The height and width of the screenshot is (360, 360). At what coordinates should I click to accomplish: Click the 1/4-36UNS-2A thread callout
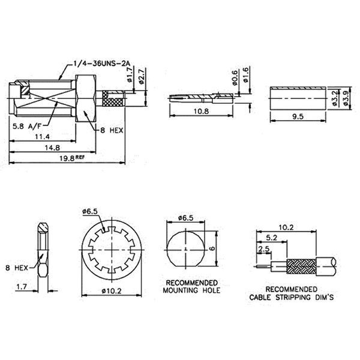point(101,64)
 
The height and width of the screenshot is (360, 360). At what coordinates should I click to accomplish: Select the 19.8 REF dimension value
point(72,158)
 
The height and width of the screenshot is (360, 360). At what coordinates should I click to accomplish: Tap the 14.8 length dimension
point(52,148)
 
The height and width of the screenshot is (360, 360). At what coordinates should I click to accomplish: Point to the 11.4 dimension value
point(42,137)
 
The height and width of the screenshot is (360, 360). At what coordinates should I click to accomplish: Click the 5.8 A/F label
point(28,126)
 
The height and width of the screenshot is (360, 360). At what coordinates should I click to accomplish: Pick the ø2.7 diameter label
point(142,76)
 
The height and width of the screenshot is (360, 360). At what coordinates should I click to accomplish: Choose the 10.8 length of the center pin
point(201,112)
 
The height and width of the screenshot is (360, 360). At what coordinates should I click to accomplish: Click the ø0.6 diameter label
point(235,78)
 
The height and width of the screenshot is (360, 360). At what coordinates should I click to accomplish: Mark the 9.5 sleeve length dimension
point(298,116)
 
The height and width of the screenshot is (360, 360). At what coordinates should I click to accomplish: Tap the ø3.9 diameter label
point(346,98)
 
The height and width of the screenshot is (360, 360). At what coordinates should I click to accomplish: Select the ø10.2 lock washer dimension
point(112,291)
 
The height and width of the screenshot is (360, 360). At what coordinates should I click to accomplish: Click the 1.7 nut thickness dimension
point(22,287)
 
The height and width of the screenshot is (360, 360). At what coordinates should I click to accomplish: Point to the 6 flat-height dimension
point(212,248)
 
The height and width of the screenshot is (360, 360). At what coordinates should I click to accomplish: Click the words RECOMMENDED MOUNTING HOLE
point(191,286)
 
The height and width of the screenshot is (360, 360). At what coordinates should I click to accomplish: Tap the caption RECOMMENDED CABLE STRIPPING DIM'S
point(292,293)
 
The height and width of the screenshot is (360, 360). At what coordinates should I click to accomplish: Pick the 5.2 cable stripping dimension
point(272,238)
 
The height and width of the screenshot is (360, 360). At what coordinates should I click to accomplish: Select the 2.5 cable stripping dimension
point(264,249)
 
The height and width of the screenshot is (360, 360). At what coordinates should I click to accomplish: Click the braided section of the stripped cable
point(301,267)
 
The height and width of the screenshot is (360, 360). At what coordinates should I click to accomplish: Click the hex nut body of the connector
point(86,98)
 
